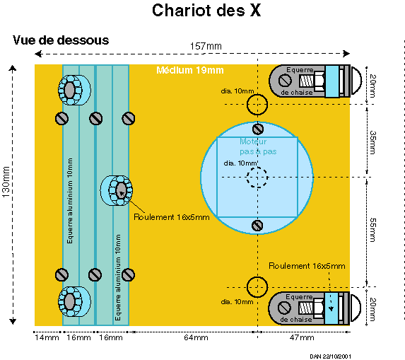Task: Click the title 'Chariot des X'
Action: (x=206, y=11)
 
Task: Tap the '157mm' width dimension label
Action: (x=206, y=46)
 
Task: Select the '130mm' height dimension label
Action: (x=6, y=182)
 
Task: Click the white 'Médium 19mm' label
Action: (x=190, y=70)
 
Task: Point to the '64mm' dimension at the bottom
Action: (x=196, y=337)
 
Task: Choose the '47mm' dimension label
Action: (x=302, y=337)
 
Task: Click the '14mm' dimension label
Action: (x=47, y=337)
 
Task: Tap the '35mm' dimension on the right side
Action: (x=372, y=142)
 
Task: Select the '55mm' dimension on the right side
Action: (x=372, y=230)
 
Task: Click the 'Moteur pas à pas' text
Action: (x=258, y=146)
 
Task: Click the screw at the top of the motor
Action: (x=257, y=129)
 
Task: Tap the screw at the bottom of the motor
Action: (x=257, y=226)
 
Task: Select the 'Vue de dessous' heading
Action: (x=61, y=40)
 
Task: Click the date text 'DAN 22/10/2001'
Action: (x=330, y=356)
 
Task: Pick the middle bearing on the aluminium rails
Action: (x=117, y=190)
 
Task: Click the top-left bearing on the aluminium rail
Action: (x=74, y=90)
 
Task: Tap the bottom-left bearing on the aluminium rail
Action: (x=74, y=301)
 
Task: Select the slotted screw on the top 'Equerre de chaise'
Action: (x=285, y=81)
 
